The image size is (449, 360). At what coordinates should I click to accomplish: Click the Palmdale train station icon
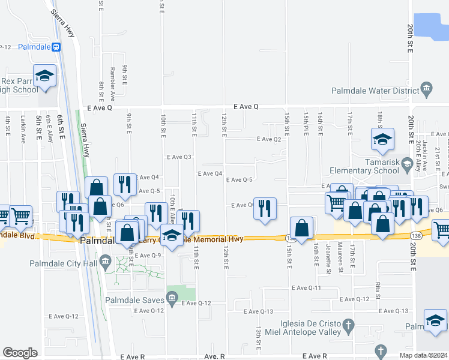click(x=56, y=47)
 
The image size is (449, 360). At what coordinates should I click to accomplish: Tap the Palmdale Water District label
click(x=375, y=91)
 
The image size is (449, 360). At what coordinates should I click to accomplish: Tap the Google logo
click(x=20, y=353)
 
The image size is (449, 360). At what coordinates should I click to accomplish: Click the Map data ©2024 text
click(x=424, y=355)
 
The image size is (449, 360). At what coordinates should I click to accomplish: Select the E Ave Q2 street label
click(x=268, y=139)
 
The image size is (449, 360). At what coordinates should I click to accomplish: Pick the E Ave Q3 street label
click(x=178, y=157)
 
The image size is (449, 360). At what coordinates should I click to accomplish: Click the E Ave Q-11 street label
click(x=307, y=288)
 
